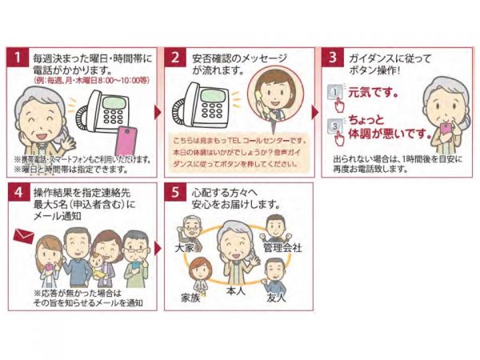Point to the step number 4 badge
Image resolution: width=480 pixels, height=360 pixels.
(18, 194)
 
